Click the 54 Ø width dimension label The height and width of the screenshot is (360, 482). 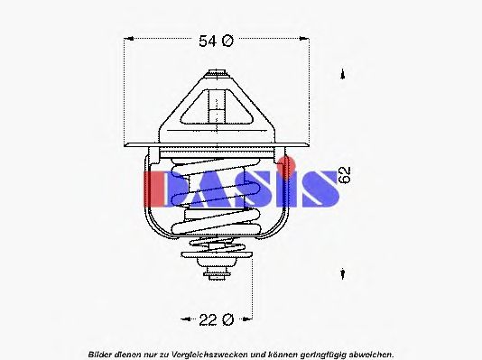coord(215,41)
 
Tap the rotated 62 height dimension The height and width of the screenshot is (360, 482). coord(345,175)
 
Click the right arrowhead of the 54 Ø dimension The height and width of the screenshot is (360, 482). coord(301,41)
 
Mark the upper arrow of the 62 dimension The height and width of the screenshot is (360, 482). coord(342,75)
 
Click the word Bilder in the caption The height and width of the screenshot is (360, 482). coord(102,352)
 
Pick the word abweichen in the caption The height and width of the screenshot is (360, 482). coord(368,352)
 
